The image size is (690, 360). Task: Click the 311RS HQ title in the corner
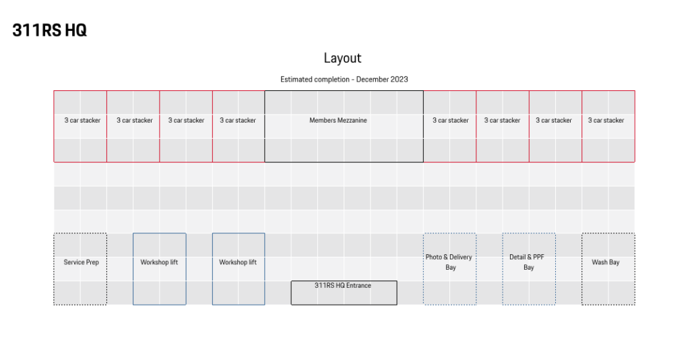tap(49, 30)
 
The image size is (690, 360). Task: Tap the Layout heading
tap(342, 58)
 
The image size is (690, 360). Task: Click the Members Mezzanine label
tap(338, 120)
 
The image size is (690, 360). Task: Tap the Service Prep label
tap(82, 262)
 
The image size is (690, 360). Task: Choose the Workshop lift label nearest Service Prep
tap(159, 262)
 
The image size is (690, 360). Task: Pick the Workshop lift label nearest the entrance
tap(238, 262)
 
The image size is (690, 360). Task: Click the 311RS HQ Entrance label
tap(343, 285)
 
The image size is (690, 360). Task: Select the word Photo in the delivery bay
tap(433, 257)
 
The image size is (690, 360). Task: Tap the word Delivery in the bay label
tap(461, 257)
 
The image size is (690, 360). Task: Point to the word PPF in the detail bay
tap(538, 257)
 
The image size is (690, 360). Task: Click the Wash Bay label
tap(606, 262)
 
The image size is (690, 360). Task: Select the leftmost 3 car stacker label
tap(82, 120)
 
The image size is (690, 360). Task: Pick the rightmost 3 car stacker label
tap(606, 120)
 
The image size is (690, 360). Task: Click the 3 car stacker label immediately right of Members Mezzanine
tap(451, 120)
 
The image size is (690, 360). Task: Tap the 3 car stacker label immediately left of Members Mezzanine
tap(238, 120)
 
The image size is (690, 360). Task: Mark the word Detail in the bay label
tap(517, 257)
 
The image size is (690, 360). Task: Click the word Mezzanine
tap(352, 120)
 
